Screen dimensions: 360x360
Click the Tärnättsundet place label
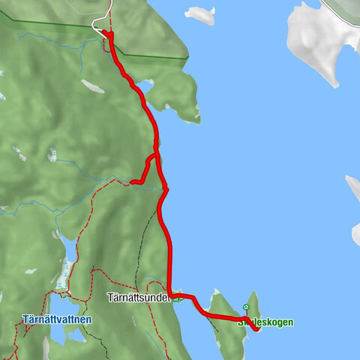[138, 296]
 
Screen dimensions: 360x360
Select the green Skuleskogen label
[265, 322]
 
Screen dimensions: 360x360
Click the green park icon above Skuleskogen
[246, 307]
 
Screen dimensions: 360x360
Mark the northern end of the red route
[105, 33]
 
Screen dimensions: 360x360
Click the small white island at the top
[199, 14]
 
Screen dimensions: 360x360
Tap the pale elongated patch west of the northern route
[92, 86]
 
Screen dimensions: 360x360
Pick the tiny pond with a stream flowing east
[52, 154]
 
